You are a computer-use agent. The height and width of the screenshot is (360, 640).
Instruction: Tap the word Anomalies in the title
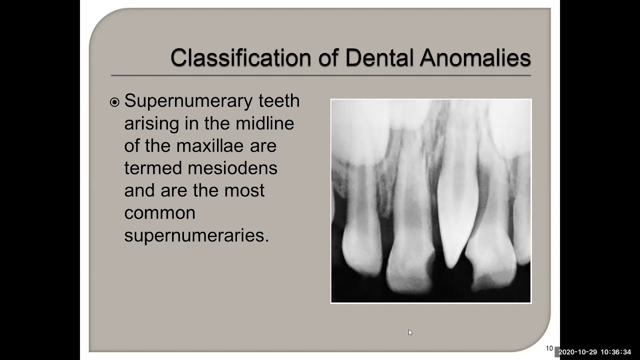coord(475,58)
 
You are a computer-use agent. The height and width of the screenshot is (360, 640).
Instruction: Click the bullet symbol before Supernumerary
coord(114,102)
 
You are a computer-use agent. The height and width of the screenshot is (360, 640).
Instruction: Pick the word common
coord(159,213)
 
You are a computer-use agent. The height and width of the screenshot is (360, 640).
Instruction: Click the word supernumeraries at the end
coord(196,235)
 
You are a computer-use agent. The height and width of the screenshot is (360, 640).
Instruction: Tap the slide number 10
coord(549,348)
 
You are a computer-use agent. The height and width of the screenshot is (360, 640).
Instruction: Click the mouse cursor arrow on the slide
coord(410,332)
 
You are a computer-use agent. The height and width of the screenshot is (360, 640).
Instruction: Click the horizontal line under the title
coord(320,75)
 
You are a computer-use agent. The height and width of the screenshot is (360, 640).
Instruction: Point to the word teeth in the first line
coord(279,101)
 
